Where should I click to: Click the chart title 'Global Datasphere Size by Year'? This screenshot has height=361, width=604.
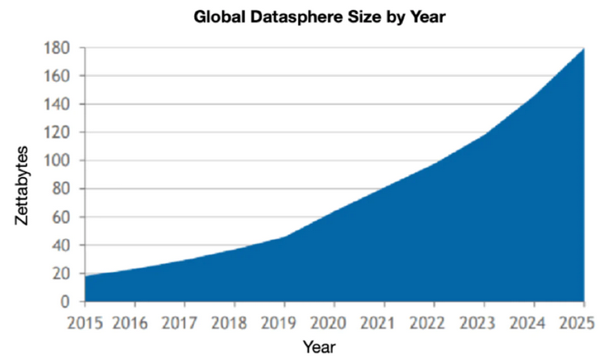click(319, 16)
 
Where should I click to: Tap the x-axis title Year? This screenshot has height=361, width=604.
click(319, 345)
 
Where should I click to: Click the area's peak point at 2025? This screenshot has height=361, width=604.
click(584, 49)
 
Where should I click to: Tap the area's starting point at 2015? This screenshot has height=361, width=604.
click(86, 276)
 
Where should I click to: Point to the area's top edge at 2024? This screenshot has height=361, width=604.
click(534, 96)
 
